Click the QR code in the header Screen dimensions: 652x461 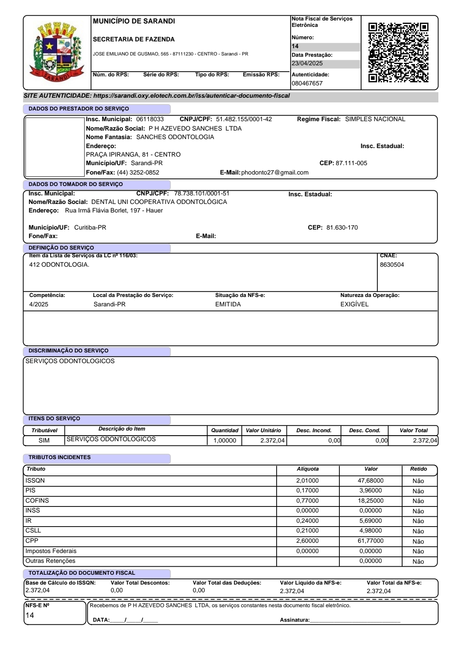coord(398,52)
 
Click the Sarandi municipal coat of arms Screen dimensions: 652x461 coord(57,52)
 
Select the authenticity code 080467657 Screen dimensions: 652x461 coord(307,83)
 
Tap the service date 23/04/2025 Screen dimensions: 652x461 coord(307,63)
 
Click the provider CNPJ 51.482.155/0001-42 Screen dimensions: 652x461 coord(244,119)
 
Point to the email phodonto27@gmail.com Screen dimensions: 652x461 coord(274,172)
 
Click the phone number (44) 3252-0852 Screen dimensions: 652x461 coord(138,172)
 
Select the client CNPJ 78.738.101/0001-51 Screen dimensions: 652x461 coord(201,193)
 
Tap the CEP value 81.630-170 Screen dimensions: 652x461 coord(342,227)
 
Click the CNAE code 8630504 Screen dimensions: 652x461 coord(392,265)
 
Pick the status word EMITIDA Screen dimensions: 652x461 coord(228,304)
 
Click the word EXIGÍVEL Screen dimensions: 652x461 coord(354,304)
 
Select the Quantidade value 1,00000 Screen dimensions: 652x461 coord(225,440)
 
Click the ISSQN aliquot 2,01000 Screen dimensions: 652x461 coord(307,480)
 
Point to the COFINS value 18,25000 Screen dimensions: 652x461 coord(371,501)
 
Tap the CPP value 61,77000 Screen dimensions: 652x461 coord(371,541)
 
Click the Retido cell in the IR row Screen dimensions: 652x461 coord(418,521)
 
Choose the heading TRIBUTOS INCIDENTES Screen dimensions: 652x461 coord(59,457)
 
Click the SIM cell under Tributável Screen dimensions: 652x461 coord(44,440)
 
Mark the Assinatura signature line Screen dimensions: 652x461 coord(355,620)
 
